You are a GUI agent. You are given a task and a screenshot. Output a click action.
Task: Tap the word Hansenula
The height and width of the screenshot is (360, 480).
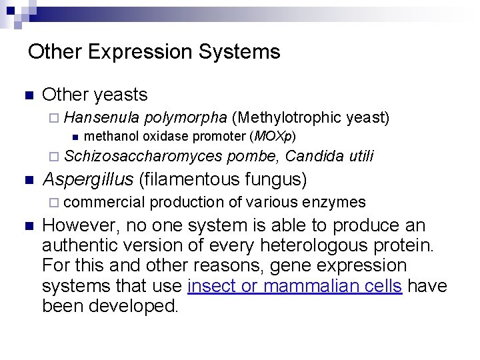tap(102, 119)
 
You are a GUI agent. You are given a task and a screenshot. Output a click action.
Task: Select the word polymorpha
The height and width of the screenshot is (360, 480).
tap(185, 119)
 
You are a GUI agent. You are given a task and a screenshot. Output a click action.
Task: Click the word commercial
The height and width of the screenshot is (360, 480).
tap(105, 202)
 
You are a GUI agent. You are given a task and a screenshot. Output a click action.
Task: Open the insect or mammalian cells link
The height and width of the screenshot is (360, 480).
tap(295, 286)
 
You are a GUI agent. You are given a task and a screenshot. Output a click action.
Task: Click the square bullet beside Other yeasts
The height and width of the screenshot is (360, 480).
tap(27, 96)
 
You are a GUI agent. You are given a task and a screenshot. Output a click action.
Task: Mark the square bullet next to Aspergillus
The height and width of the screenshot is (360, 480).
tap(27, 180)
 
